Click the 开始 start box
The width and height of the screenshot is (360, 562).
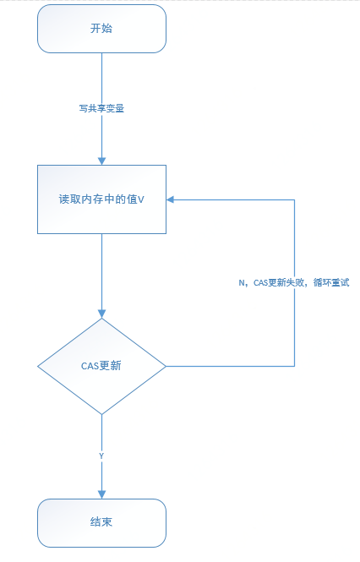coord(101,29)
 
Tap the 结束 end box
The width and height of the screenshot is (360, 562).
coord(101,521)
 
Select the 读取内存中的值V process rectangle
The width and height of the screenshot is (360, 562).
coord(101,199)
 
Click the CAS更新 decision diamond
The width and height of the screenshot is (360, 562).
coord(101,366)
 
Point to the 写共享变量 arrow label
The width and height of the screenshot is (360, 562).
coord(101,109)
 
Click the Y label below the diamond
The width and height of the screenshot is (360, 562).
coord(101,456)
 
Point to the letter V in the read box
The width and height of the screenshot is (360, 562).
coord(141,199)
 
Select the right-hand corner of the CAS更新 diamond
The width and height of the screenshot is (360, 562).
coord(165,366)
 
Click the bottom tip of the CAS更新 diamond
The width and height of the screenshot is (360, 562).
coord(101,414)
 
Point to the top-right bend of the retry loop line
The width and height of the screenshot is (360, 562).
coord(294,199)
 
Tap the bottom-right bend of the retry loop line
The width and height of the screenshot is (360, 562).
coord(294,366)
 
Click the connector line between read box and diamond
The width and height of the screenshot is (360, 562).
coord(101,270)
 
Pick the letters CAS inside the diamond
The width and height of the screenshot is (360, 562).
coord(90,366)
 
